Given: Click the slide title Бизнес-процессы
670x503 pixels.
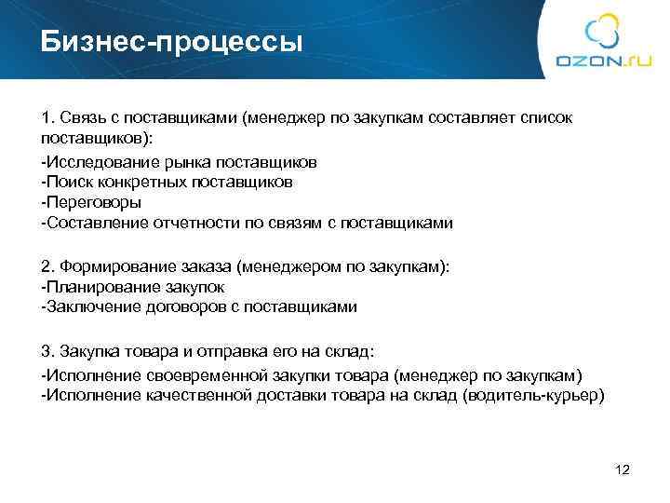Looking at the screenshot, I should [171, 42].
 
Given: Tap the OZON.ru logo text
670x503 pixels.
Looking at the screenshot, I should [603, 61].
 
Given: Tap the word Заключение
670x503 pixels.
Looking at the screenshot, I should [89, 306].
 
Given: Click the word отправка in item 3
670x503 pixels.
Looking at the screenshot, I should [210, 351].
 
